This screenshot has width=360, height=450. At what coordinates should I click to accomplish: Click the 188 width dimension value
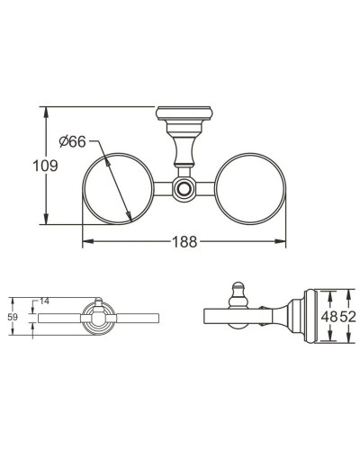point(184,241)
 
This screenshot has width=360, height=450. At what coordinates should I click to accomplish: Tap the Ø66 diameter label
point(71,142)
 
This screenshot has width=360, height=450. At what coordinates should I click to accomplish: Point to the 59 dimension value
point(12,318)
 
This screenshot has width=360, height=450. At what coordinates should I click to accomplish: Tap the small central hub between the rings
point(184,190)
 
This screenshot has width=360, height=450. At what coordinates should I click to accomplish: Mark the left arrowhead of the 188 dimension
point(85,241)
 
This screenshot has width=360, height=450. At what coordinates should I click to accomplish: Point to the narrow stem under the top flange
point(184,148)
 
